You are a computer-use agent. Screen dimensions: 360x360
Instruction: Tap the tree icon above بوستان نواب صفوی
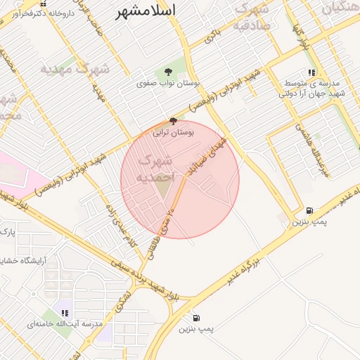point(167,72)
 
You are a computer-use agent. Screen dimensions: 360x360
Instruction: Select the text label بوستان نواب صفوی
point(169,83)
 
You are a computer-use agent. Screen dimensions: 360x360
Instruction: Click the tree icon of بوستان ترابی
point(174,121)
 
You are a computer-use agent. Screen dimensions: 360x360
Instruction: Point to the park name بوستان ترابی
point(174,132)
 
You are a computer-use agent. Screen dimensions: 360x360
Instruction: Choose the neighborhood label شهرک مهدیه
point(75,69)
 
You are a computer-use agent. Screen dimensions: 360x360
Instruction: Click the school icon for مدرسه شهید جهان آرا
point(311,72)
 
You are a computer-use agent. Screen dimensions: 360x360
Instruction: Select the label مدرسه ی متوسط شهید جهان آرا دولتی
point(312,88)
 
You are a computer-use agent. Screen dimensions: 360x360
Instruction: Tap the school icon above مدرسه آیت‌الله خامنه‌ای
point(65,313)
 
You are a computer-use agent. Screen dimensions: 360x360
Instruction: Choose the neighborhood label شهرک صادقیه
point(252,18)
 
